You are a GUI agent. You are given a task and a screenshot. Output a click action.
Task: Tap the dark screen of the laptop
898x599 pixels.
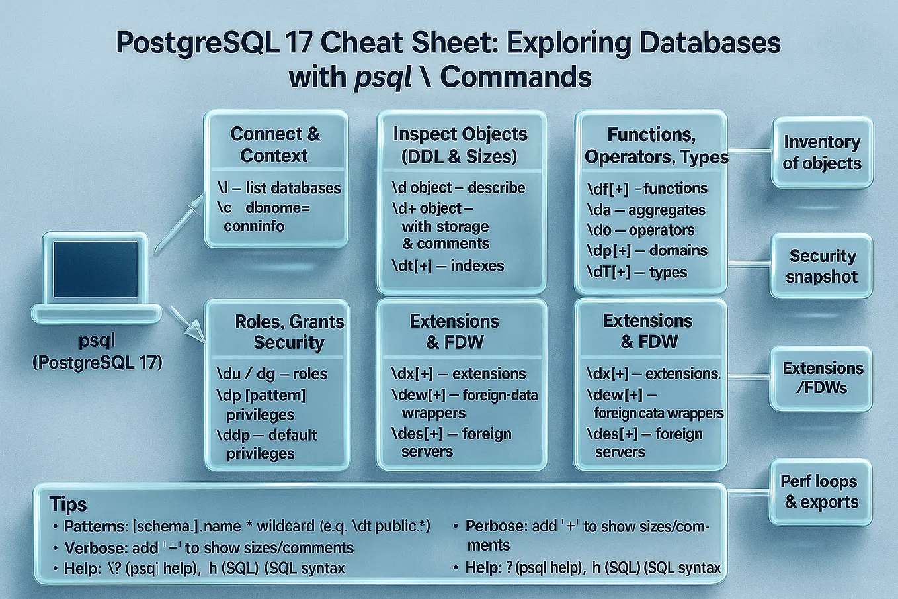pyautogui.click(x=95, y=269)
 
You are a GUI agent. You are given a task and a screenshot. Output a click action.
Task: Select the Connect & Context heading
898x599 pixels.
pyautogui.click(x=274, y=144)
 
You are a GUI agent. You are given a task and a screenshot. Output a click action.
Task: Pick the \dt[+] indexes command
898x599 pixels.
pyautogui.click(x=448, y=266)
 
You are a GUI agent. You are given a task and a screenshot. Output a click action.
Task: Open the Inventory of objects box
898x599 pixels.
pyautogui.click(x=822, y=152)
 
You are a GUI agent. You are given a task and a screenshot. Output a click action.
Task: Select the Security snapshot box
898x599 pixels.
pyautogui.click(x=822, y=266)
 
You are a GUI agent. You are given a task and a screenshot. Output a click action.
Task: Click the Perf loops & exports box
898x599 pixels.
pyautogui.click(x=820, y=492)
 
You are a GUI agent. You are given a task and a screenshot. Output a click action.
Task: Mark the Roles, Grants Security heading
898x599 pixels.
pyautogui.click(x=289, y=332)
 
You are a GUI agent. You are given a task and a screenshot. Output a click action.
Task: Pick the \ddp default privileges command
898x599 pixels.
pyautogui.click(x=266, y=443)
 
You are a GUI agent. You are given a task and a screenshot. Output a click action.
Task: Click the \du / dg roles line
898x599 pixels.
pyautogui.click(x=272, y=374)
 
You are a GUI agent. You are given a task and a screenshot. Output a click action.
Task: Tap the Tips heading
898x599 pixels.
pyautogui.click(x=68, y=504)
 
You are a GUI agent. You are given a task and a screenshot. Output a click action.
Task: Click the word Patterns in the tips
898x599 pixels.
pyautogui.click(x=95, y=526)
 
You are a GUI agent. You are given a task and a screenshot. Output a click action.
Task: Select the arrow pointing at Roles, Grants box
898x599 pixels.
pyautogui.click(x=188, y=324)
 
